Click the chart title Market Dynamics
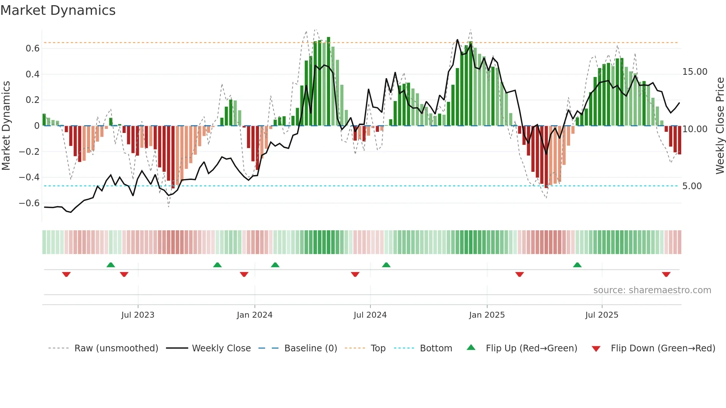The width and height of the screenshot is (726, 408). click(x=58, y=10)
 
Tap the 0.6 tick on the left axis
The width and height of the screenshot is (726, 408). click(x=33, y=49)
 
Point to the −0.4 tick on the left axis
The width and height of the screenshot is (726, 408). click(x=29, y=177)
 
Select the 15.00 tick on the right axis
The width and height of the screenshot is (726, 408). click(x=695, y=72)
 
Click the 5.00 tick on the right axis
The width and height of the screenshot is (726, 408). click(x=692, y=186)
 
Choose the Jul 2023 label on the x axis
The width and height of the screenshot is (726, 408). click(x=138, y=315)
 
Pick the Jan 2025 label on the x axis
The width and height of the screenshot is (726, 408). click(x=487, y=315)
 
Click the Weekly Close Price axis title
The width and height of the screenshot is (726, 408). click(x=720, y=126)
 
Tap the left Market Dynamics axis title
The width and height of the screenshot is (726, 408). click(x=6, y=126)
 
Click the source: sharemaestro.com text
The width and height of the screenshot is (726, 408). click(x=652, y=290)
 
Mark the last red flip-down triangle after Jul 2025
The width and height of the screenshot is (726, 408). click(x=666, y=274)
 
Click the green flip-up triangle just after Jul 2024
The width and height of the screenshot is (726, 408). click(x=386, y=265)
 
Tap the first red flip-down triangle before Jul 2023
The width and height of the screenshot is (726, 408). click(x=66, y=274)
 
